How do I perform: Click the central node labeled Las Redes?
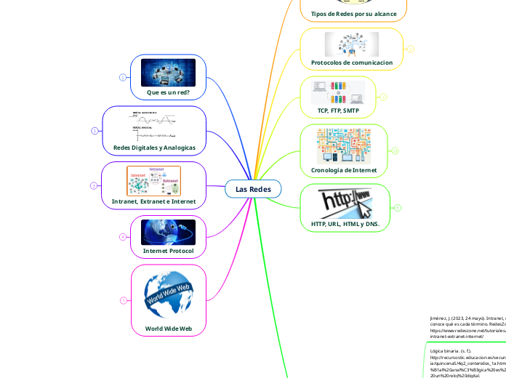(x=252, y=189)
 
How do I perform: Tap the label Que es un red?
(x=168, y=92)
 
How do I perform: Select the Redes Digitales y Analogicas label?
(x=154, y=148)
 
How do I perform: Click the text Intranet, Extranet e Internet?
(x=153, y=201)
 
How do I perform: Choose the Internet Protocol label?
(x=168, y=251)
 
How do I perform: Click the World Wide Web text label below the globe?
(x=169, y=329)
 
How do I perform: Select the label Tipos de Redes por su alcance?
(x=353, y=14)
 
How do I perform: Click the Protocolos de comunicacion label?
(x=352, y=63)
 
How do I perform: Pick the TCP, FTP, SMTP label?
(x=338, y=110)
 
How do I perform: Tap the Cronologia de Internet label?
(x=345, y=169)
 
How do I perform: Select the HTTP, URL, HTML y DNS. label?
(x=345, y=225)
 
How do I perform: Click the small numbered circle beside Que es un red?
(x=122, y=76)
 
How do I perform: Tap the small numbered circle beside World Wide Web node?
(x=123, y=300)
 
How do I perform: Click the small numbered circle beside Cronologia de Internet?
(x=395, y=150)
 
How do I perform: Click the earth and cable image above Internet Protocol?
(x=168, y=232)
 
